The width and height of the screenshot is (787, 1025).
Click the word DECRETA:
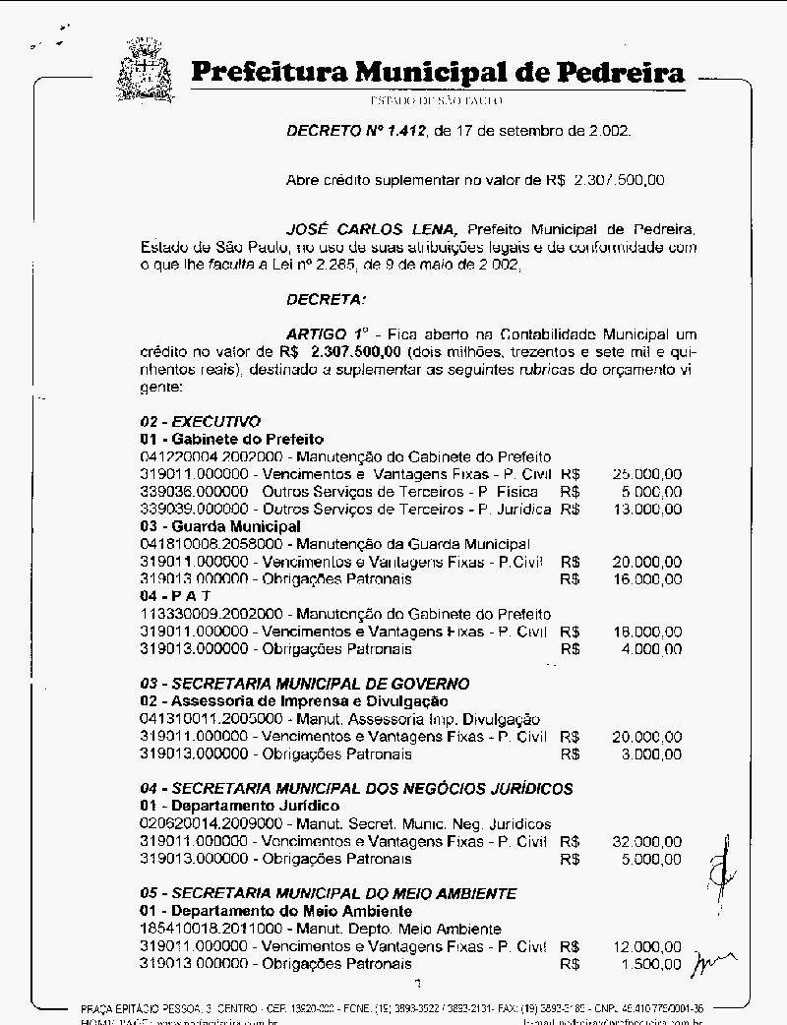326,298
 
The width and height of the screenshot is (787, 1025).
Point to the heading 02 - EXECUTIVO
200,421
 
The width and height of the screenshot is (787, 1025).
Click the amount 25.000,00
646,474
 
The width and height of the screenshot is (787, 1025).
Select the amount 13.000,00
646,510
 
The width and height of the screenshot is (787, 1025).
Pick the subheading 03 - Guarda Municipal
220,526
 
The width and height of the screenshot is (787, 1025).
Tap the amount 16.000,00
646,579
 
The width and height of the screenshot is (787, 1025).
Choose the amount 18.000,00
646,632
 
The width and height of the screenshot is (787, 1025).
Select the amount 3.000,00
650,754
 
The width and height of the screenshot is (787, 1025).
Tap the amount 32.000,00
646,842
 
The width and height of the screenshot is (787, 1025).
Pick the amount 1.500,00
650,964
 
